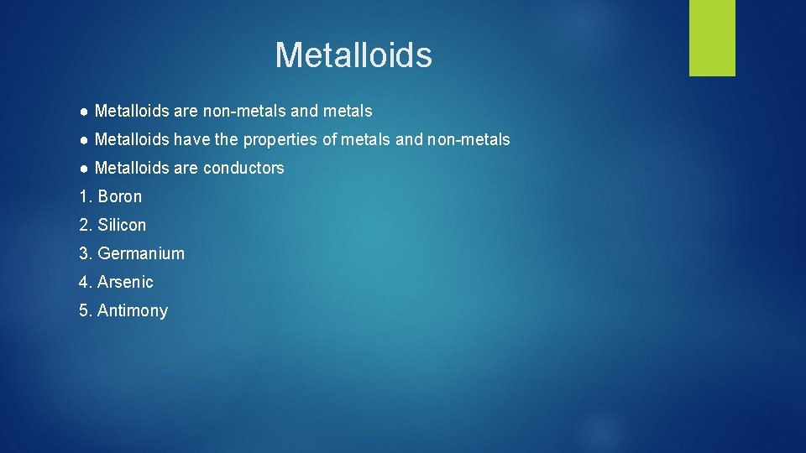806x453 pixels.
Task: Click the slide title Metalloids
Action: tap(353, 55)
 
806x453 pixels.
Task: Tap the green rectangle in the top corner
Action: tap(712, 37)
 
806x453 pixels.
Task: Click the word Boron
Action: tap(120, 196)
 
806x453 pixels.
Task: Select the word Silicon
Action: tap(122, 225)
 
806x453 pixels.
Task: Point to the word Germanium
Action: tap(141, 253)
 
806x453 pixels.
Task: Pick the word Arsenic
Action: tap(125, 282)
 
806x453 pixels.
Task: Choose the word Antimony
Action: tap(133, 310)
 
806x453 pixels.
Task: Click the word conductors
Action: tap(243, 168)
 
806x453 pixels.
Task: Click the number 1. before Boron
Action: tap(85, 196)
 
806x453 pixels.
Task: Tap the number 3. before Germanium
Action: tap(85, 253)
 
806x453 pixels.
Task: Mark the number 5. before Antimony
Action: tap(85, 310)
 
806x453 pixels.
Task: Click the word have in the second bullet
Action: tap(191, 139)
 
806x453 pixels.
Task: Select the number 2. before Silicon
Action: tap(85, 225)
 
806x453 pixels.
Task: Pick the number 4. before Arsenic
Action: tap(85, 282)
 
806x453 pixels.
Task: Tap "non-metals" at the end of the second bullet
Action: tap(468, 139)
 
